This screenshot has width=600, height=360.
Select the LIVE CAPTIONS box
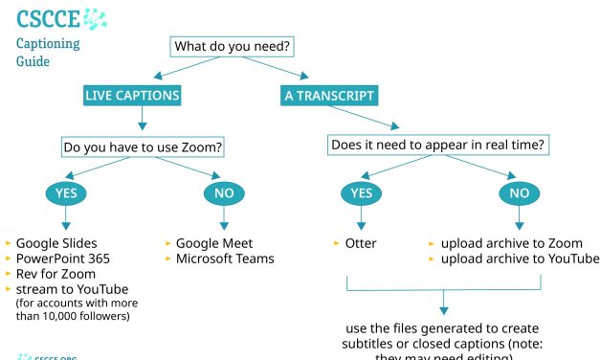pyautogui.click(x=131, y=96)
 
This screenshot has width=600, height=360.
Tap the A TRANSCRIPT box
pyautogui.click(x=328, y=96)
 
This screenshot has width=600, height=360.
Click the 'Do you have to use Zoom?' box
pyautogui.click(x=143, y=147)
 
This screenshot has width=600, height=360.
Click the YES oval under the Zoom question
pyautogui.click(x=66, y=193)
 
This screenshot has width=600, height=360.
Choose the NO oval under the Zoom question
pyautogui.click(x=222, y=193)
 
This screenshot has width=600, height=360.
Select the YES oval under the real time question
pyautogui.click(x=362, y=193)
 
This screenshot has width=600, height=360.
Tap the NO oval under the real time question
pyautogui.click(x=518, y=193)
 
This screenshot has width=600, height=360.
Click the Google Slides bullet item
pyautogui.click(x=56, y=243)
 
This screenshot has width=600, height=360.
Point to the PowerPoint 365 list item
pyautogui.click(x=63, y=259)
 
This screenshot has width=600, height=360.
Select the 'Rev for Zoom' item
pyautogui.click(x=55, y=274)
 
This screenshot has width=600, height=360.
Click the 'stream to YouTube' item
pyautogui.click(x=72, y=289)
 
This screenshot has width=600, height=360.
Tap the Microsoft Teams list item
pyautogui.click(x=225, y=259)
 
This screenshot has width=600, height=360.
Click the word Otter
pyautogui.click(x=361, y=243)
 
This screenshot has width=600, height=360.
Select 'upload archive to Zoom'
pyautogui.click(x=511, y=243)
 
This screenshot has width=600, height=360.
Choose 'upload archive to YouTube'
pyautogui.click(x=520, y=259)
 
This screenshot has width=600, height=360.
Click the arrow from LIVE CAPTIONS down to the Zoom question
pyautogui.click(x=143, y=119)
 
